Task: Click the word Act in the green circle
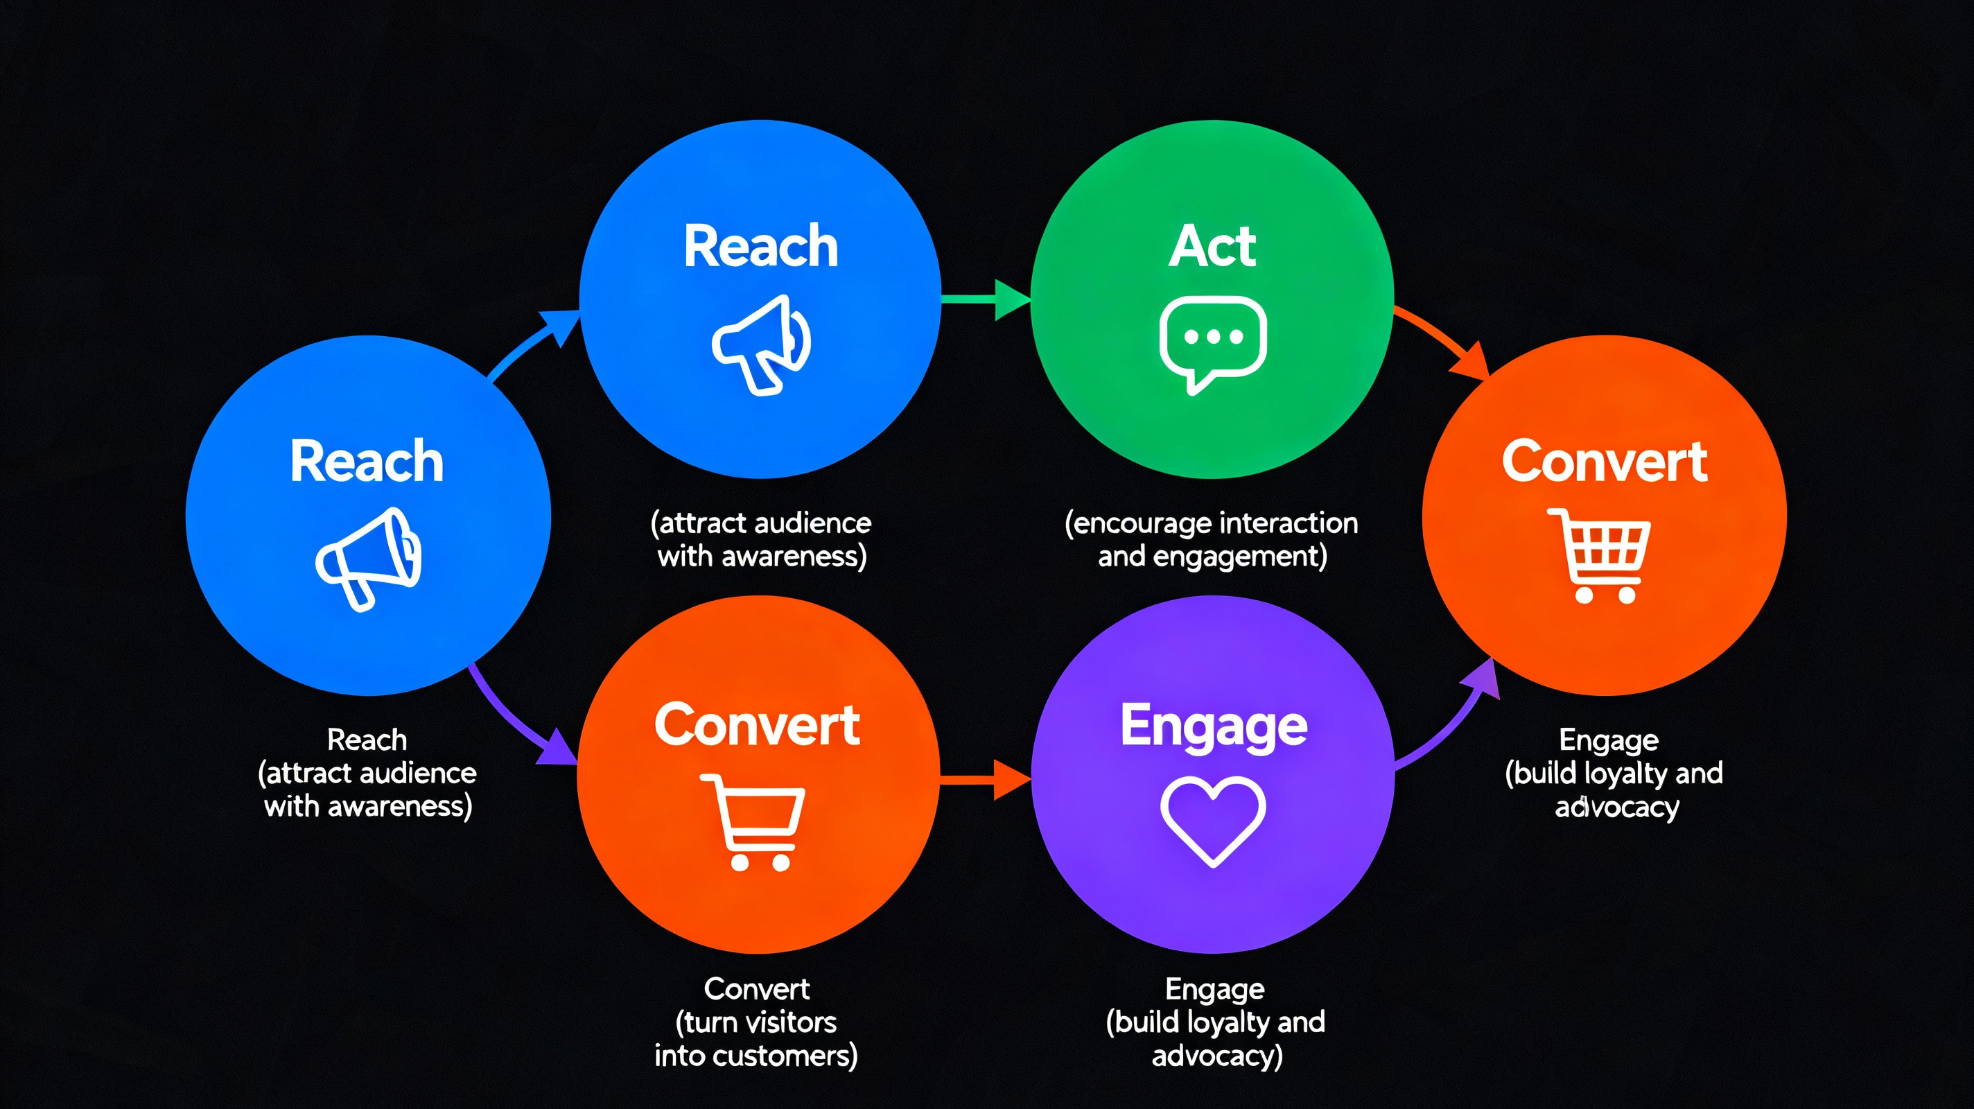click(x=1212, y=247)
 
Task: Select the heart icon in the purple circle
click(x=1212, y=820)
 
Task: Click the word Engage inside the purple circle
click(x=1214, y=726)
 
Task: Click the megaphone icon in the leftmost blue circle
click(x=369, y=558)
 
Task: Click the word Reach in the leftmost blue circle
click(x=367, y=462)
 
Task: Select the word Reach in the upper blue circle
click(x=761, y=247)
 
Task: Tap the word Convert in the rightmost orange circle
click(x=1605, y=462)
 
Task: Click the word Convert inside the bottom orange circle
click(x=757, y=725)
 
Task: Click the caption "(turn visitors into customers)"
click(x=756, y=1038)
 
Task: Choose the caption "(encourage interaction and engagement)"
click(x=1212, y=539)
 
